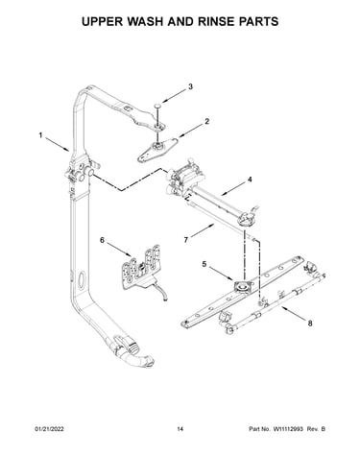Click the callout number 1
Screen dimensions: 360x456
point(40,135)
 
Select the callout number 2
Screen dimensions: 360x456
point(207,122)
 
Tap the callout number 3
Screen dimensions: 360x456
point(190,86)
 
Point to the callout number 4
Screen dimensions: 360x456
point(250,180)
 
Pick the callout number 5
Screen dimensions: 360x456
point(204,264)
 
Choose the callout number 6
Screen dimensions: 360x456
point(102,240)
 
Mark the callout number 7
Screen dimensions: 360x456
point(186,240)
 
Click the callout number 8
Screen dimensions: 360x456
point(310,324)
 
